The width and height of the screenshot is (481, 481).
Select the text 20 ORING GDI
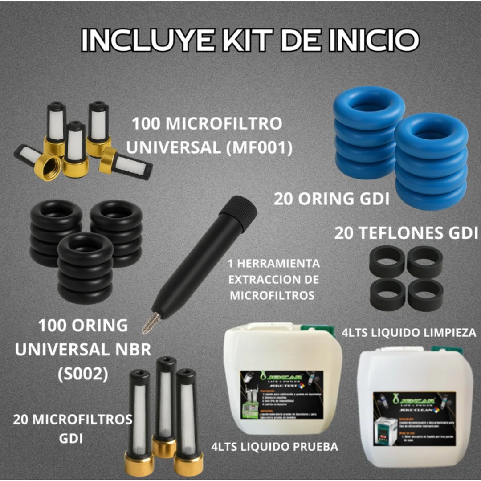pyautogui.click(x=331, y=199)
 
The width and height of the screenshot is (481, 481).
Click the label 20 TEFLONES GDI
pyautogui.click(x=406, y=232)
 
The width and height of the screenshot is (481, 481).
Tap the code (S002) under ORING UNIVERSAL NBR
pyautogui.click(x=83, y=374)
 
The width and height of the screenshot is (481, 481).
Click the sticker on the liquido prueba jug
pyautogui.click(x=281, y=395)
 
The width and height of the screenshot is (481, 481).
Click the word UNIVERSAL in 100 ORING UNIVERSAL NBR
pyautogui.click(x=61, y=350)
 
